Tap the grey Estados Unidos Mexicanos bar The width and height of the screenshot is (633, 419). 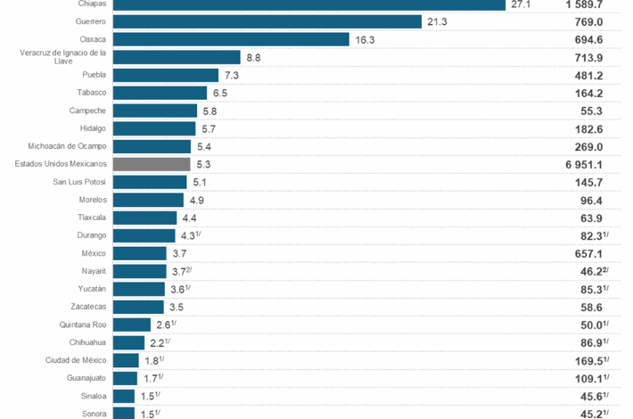(152, 164)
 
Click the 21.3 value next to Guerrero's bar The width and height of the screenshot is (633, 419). (437, 21)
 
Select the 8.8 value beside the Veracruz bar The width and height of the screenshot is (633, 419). (253, 57)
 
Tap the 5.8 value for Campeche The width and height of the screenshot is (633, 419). (210, 111)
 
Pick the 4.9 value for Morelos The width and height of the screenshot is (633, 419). (197, 200)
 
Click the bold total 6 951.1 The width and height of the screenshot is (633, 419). (589, 164)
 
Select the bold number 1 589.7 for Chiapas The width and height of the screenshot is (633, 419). (589, 4)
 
